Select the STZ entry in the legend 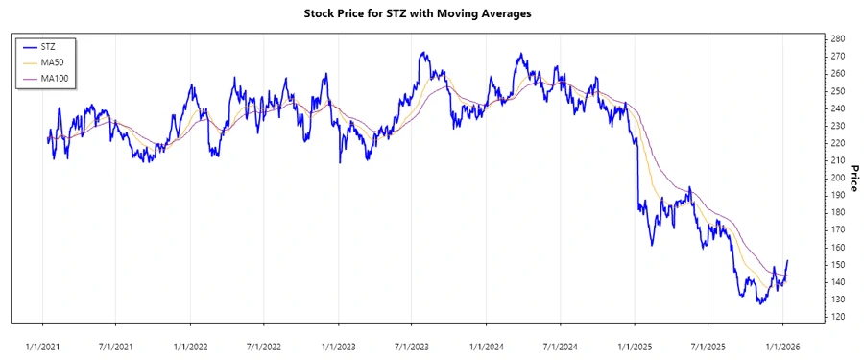coord(48,46)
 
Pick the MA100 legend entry coord(54,77)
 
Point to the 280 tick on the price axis coord(837,38)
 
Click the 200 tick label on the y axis coord(837,178)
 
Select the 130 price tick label coord(837,300)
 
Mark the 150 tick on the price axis coord(837,265)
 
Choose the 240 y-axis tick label coord(837,108)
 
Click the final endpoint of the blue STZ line coord(788,260)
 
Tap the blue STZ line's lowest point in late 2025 coord(759,304)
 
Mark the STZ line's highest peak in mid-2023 coord(422,53)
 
